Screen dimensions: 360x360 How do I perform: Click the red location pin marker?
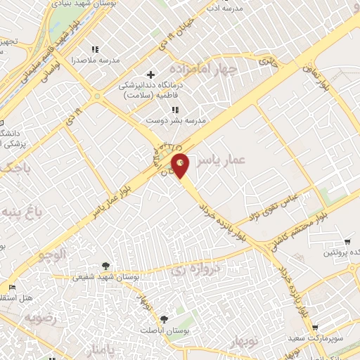coord(181,166)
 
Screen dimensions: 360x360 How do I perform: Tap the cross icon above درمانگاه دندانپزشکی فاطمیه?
coord(150,75)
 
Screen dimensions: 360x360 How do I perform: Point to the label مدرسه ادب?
coord(223,8)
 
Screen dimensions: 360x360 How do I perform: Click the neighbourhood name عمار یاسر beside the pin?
coord(221,161)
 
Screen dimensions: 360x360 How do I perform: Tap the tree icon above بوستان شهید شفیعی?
coord(105,265)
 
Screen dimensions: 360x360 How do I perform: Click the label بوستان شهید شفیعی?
coord(105,277)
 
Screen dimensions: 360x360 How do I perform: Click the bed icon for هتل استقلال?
coord(12,288)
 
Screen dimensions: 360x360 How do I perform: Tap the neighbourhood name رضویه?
coord(41,317)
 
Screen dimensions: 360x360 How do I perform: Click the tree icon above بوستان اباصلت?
coord(164,319)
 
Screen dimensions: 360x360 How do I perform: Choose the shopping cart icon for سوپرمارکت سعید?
coord(314,327)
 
